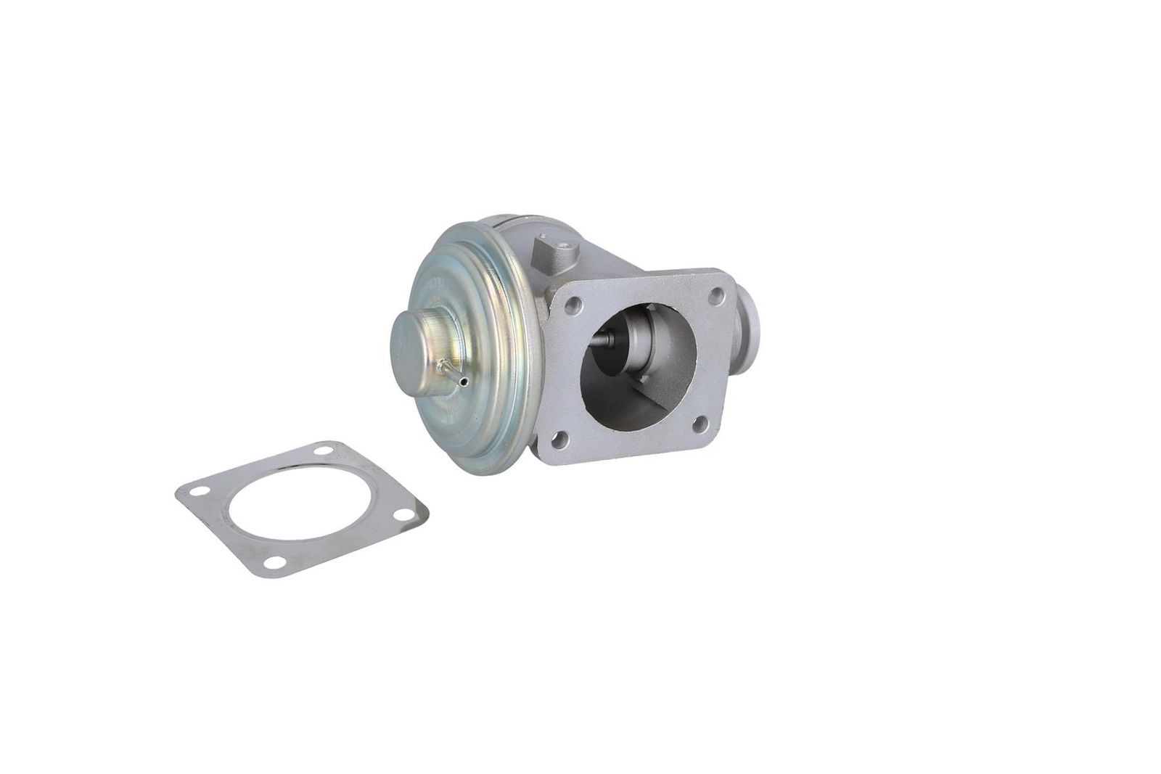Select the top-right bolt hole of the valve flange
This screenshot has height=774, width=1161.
click(x=716, y=294)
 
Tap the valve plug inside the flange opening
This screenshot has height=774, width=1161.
click(x=639, y=341)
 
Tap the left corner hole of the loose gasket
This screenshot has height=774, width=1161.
click(x=196, y=492)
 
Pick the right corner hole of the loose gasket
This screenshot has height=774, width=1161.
click(x=400, y=514)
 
